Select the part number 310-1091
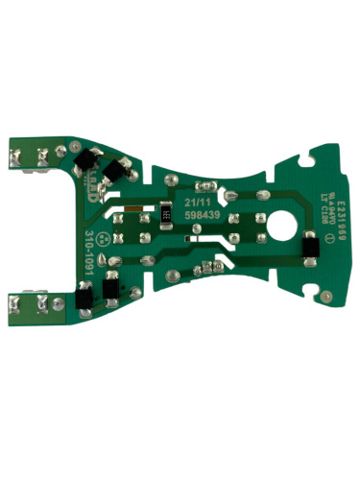pyautogui.click(x=88, y=253)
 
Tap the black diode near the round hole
pyautogui.click(x=310, y=249)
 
